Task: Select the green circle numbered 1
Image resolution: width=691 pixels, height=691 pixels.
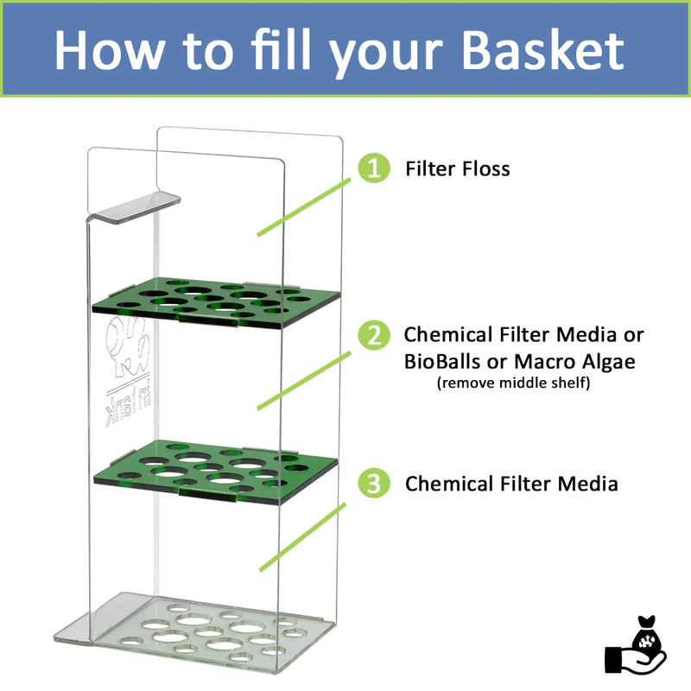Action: coord(373,168)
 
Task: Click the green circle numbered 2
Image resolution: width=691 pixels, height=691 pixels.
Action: coord(373,335)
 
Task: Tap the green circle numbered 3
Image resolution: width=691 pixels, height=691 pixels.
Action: coord(373,484)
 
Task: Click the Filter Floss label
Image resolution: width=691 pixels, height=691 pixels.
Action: coord(458,168)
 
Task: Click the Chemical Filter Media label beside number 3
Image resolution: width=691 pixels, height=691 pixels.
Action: coord(511,484)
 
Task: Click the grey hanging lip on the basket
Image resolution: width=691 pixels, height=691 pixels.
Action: coord(134,207)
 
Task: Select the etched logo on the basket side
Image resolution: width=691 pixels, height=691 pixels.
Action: coord(124,363)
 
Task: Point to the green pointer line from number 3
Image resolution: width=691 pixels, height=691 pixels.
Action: coord(302,536)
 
